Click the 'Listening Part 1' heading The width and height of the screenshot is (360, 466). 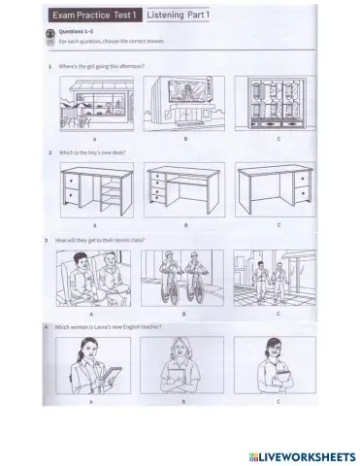pyautogui.click(x=184, y=16)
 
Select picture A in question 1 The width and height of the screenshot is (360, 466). pyautogui.click(x=94, y=103)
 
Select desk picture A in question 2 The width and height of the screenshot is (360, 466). pyautogui.click(x=94, y=190)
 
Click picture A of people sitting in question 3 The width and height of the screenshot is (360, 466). pyautogui.click(x=94, y=279)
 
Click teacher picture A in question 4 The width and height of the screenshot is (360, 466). pyautogui.click(x=94, y=367)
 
